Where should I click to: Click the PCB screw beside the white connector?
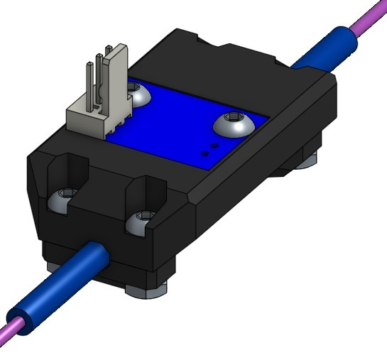pyautogui.click(x=137, y=90)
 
